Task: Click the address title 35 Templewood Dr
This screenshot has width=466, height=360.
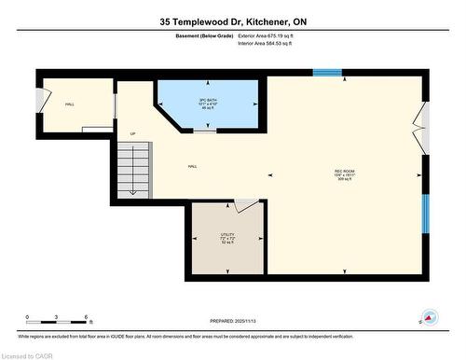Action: point(232,20)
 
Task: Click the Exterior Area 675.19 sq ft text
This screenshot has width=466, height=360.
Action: point(272,35)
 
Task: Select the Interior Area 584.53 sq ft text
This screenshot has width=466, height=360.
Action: point(272,43)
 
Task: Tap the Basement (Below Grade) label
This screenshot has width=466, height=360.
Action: point(204,35)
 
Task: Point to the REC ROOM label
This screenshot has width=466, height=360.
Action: point(345,173)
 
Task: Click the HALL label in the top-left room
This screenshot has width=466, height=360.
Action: point(70,104)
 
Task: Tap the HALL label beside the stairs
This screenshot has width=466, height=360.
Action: point(192,167)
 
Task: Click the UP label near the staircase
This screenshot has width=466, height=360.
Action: point(132,133)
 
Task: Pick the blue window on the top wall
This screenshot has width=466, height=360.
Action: point(326,72)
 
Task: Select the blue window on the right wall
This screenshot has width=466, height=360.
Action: point(425,215)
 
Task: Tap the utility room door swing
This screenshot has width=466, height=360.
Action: point(245,205)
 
